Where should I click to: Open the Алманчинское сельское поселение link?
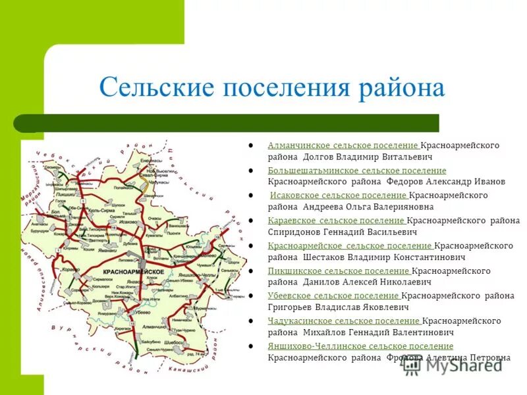click(343, 145)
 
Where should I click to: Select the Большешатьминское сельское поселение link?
click(356, 171)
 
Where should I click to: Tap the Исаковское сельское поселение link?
click(339, 196)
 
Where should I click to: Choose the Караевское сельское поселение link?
click(336, 221)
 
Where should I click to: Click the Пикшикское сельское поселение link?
click(339, 271)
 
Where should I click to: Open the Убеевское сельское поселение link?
click(333, 296)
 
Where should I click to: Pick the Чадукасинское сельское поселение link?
click(344, 321)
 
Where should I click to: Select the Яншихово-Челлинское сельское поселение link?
click(360, 346)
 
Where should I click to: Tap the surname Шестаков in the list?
click(325, 257)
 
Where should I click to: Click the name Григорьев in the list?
click(294, 307)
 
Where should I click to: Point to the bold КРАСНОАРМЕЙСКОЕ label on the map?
click(134, 272)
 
